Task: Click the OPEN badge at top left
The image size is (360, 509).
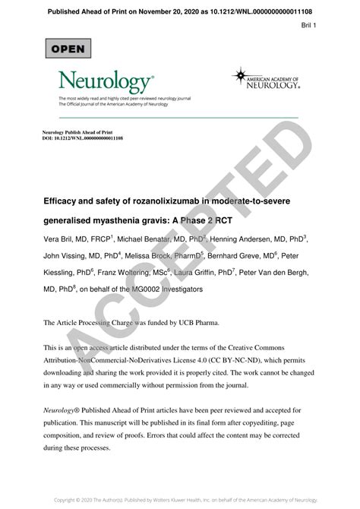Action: click(68, 48)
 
